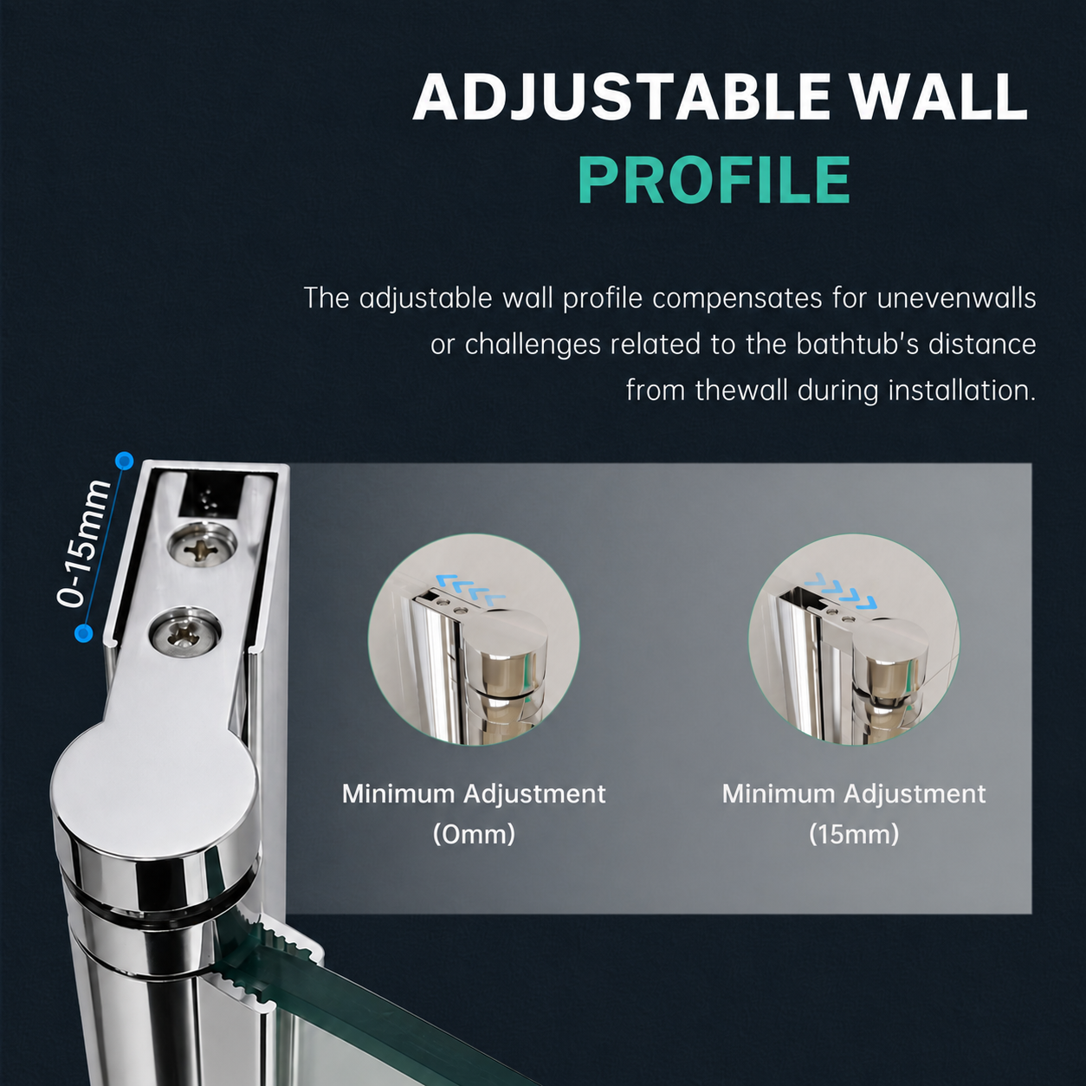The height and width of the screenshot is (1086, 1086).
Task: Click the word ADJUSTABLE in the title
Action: pyautogui.click(x=623, y=96)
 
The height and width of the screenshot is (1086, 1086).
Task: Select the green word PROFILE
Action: pyautogui.click(x=714, y=180)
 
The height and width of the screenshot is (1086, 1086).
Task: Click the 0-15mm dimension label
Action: pyautogui.click(x=83, y=544)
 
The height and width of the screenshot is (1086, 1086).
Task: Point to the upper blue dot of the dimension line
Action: pyautogui.click(x=124, y=462)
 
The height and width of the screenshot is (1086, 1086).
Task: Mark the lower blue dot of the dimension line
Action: pyautogui.click(x=84, y=633)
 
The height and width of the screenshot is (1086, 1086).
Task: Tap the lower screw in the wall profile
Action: pyautogui.click(x=184, y=633)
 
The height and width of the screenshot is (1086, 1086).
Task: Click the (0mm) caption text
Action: pyautogui.click(x=474, y=834)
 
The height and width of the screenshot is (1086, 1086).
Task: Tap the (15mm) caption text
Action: pyautogui.click(x=854, y=834)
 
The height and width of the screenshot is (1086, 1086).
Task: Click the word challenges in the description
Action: pyautogui.click(x=533, y=345)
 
